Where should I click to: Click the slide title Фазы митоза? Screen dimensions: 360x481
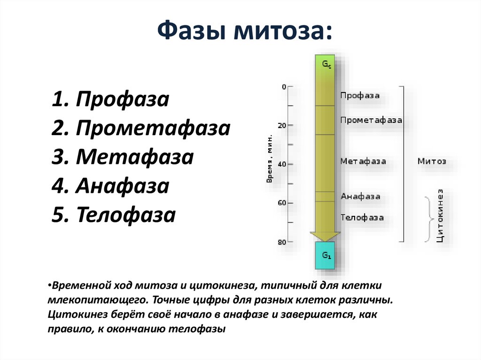[244, 32]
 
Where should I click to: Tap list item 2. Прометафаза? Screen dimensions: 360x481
[141, 128]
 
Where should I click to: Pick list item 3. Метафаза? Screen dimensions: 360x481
[123, 157]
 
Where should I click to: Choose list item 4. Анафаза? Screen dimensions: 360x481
[110, 186]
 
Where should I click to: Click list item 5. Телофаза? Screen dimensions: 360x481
[114, 215]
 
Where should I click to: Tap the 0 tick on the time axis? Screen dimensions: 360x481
[283, 87]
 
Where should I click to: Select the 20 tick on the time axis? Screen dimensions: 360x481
[282, 125]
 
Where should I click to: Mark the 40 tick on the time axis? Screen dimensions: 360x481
[282, 164]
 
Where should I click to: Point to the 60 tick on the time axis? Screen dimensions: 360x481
[282, 203]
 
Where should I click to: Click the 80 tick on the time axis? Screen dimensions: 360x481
[282, 242]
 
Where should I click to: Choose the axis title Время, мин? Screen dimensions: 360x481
[270, 160]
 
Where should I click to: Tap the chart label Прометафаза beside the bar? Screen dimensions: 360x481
[371, 120]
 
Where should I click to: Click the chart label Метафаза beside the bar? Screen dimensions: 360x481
[363, 161]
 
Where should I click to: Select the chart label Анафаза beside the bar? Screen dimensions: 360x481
[360, 197]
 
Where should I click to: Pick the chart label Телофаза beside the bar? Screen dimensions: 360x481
[362, 218]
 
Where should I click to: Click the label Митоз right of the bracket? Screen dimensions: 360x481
[432, 161]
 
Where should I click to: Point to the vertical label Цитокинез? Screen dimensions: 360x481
[440, 215]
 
